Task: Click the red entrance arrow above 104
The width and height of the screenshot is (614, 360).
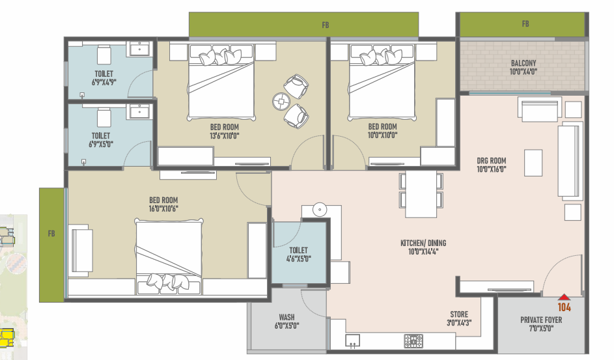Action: pos(564,297)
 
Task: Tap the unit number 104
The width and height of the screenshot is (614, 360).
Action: pos(565,307)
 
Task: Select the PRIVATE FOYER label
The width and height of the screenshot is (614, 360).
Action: pos(541,320)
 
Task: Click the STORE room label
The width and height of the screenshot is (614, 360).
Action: pos(459,314)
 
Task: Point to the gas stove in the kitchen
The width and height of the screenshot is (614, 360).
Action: pos(413,341)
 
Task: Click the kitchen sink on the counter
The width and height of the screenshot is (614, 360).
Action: pos(352,340)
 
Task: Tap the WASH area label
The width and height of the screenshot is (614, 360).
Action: pos(286,317)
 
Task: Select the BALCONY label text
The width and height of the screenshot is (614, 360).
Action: pos(523,63)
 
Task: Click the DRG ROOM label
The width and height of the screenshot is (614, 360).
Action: pos(492,160)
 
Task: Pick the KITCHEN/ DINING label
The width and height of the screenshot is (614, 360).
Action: pos(423,243)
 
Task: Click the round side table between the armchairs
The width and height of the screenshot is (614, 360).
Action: pos(281,102)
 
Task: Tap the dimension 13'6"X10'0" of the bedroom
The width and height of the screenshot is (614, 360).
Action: pos(225,136)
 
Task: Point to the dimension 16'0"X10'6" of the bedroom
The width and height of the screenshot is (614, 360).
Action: pos(163,208)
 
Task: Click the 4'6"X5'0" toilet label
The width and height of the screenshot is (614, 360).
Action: pos(298,258)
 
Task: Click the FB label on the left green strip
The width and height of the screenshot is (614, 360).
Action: pos(51,234)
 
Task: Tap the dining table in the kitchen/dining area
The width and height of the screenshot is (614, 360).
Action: pos(421,194)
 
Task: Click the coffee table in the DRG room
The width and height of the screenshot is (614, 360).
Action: pos(533,163)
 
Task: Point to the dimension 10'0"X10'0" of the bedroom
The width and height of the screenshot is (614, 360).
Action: pos(383,135)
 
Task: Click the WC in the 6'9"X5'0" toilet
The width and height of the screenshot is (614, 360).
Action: pos(104,117)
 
